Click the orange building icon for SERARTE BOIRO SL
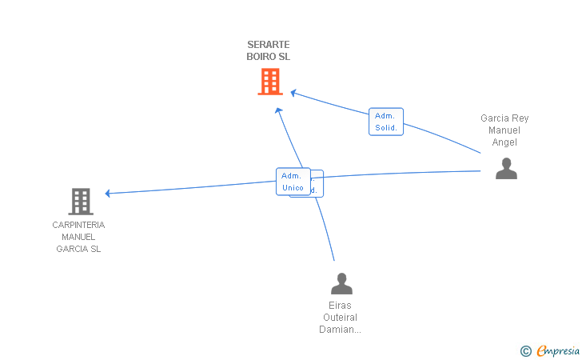270,81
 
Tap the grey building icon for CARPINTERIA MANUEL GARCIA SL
81,201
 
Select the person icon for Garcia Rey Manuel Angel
506,168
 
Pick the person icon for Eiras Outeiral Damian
341,283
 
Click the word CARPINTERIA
78,225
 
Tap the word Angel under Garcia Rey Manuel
504,142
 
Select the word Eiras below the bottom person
340,306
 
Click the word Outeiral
341,318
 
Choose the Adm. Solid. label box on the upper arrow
385,122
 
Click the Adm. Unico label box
293,182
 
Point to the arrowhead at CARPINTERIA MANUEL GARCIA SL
108,193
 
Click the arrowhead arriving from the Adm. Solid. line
293,93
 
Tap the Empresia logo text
558,350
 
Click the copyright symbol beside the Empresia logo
525,350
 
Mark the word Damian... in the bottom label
341,330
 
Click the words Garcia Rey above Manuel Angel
504,118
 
